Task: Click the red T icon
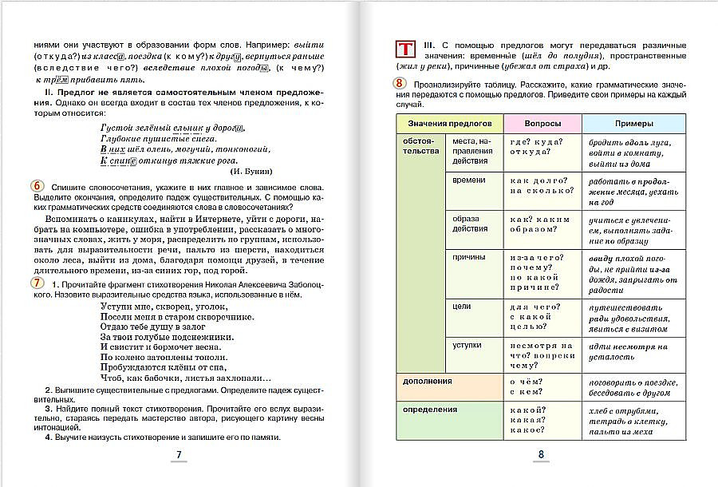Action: coord(405,49)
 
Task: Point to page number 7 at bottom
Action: coord(179,455)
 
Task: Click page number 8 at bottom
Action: coord(540,456)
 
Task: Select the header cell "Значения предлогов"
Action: coord(449,124)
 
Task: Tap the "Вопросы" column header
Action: coord(542,124)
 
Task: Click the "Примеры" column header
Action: coord(633,124)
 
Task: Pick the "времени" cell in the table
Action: coord(468,180)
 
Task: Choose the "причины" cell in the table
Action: coord(469,259)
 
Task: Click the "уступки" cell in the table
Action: coord(467,344)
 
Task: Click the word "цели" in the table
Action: coord(460,306)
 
